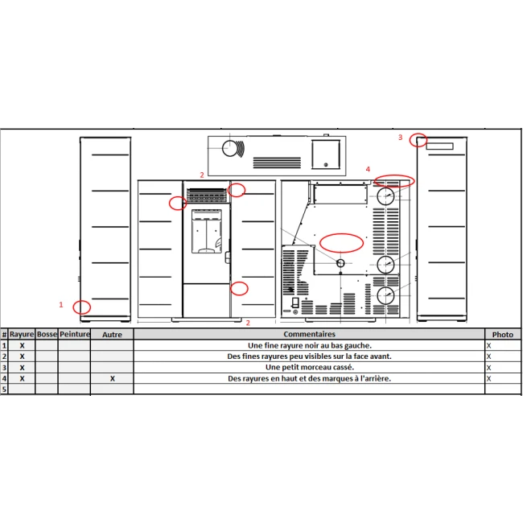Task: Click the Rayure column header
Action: (x=22, y=334)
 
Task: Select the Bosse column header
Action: (x=47, y=334)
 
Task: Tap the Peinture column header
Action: (x=75, y=334)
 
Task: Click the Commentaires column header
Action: (x=309, y=334)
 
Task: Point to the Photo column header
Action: (x=503, y=335)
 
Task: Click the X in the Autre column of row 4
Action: (x=113, y=379)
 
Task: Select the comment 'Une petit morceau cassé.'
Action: (x=310, y=367)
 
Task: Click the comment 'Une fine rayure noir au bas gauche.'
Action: (x=310, y=345)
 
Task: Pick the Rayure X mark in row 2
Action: (x=22, y=356)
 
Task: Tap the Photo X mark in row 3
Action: (x=488, y=368)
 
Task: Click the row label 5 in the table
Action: (x=4, y=389)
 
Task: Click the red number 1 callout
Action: (x=61, y=304)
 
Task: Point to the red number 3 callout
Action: (x=400, y=138)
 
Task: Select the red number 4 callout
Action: (x=368, y=169)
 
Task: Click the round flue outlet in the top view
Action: (x=229, y=148)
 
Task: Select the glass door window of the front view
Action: (x=207, y=231)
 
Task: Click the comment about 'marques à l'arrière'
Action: (x=309, y=379)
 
